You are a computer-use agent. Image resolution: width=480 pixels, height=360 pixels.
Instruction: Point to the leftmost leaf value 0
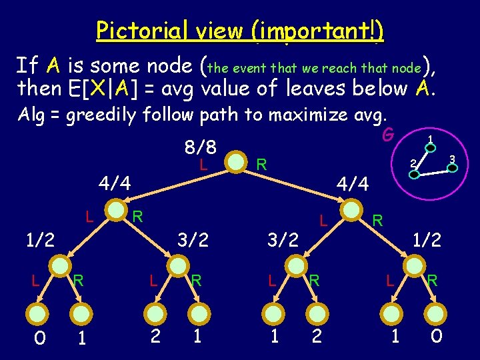(39, 338)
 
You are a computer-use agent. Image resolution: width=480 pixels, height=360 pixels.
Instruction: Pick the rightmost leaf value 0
(436, 337)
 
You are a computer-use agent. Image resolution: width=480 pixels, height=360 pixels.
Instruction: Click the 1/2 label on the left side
(39, 239)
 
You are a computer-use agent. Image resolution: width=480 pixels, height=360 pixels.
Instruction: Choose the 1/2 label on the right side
(427, 239)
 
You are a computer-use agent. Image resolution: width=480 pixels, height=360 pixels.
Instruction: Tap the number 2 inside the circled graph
(413, 163)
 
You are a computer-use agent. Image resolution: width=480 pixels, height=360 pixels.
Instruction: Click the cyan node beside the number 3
(452, 169)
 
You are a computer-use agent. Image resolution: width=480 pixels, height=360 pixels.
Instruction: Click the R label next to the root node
(262, 163)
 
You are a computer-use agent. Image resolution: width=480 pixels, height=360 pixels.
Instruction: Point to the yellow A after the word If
(54, 65)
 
